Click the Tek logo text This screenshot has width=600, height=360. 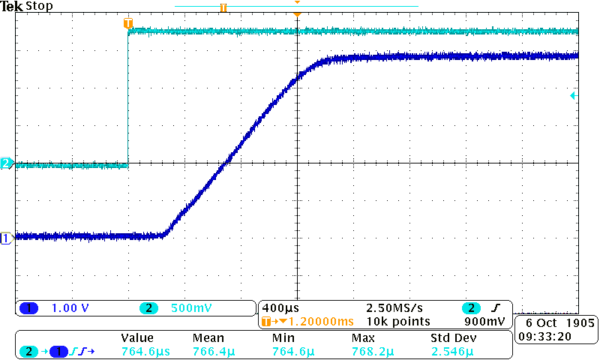point(12,7)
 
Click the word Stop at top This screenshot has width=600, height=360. point(39,7)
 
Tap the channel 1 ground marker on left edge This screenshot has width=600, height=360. point(6,238)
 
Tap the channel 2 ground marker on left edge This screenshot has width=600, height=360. point(6,163)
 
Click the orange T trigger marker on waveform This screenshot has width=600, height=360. point(128,24)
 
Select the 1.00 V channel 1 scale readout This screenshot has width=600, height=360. point(69,308)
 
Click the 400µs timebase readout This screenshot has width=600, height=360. point(279,308)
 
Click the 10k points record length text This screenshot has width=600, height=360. point(398,322)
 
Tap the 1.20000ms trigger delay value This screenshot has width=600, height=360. point(316,322)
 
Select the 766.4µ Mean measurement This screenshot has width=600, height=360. point(214,351)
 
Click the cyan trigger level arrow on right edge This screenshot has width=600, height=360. point(573,96)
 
